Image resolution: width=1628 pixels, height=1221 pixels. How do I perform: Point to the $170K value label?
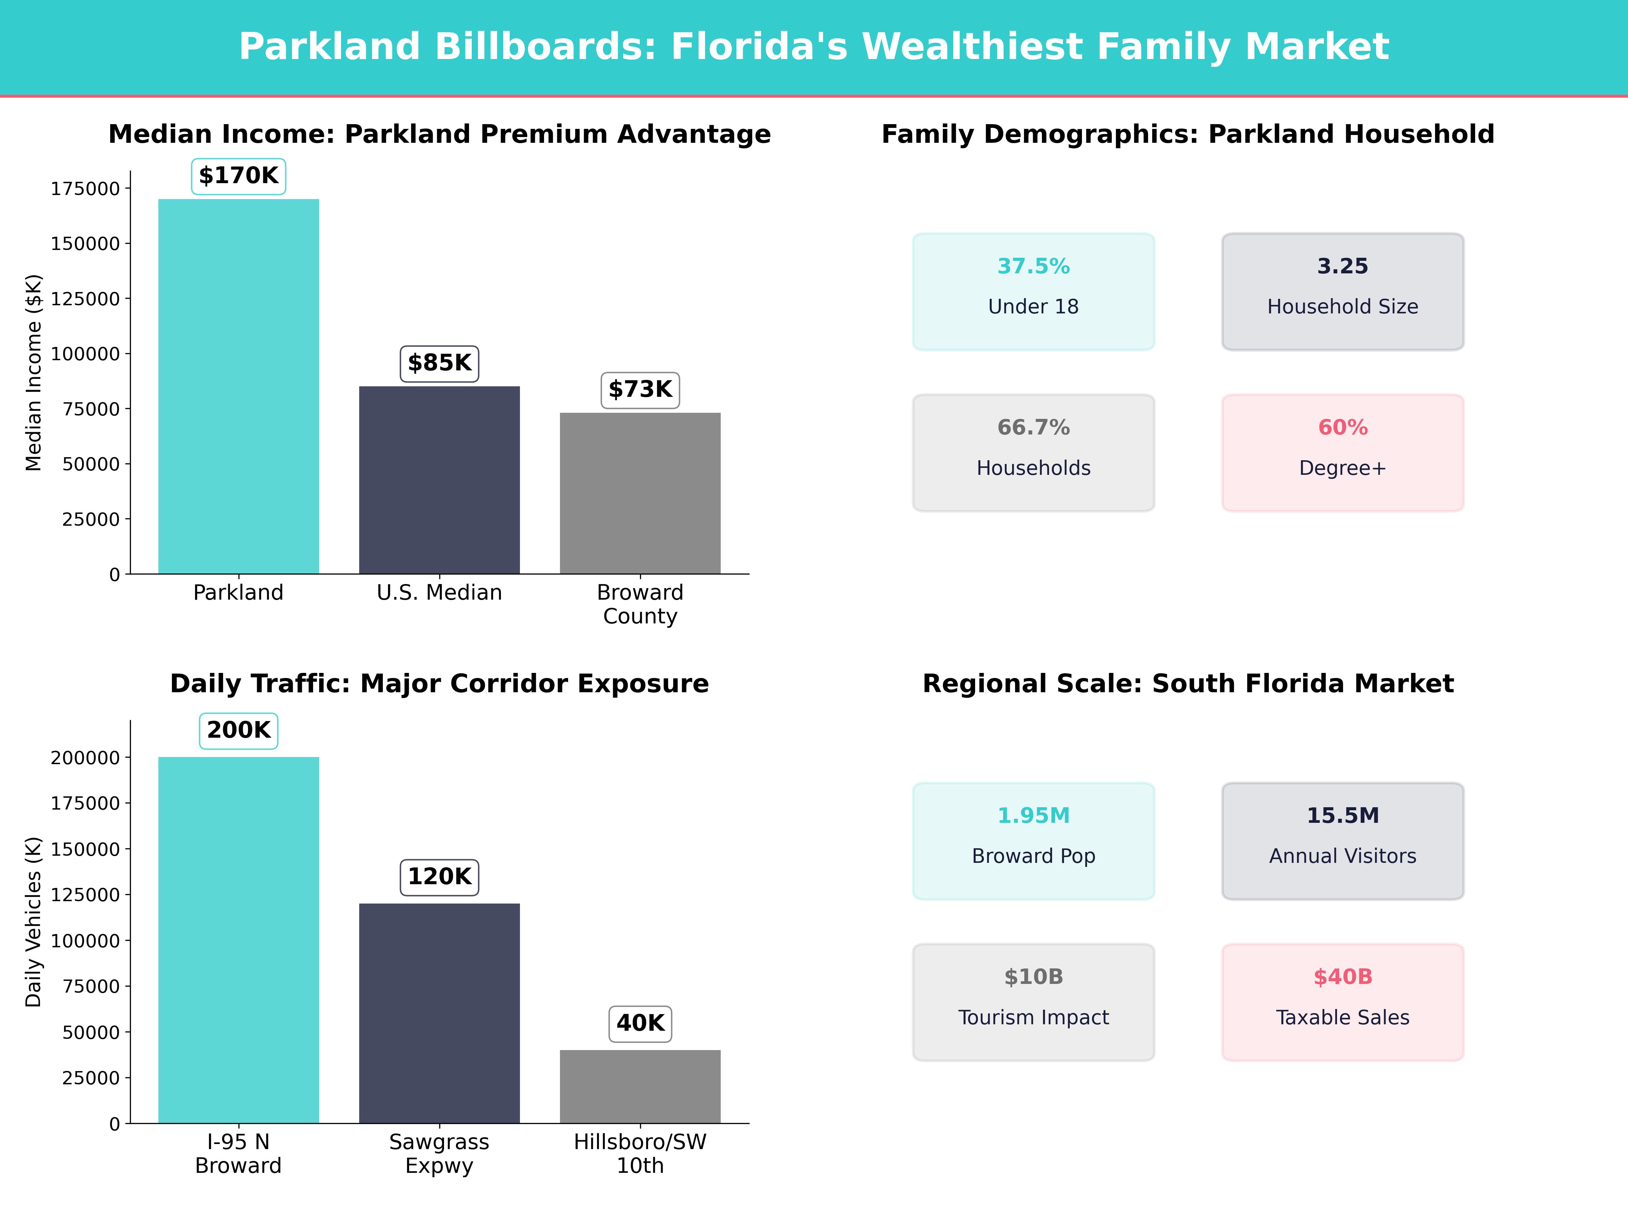(238, 176)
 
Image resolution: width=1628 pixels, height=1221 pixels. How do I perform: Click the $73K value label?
(640, 389)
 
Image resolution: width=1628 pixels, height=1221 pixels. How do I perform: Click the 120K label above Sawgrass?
(439, 876)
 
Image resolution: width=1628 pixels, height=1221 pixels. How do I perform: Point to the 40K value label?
(640, 1023)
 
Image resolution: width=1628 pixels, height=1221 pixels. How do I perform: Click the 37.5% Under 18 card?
(1033, 291)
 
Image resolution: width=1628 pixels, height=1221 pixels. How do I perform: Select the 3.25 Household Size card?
(1342, 291)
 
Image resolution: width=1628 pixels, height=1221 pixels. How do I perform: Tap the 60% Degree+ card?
(1342, 453)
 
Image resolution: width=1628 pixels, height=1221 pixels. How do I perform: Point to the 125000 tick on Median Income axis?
(85, 299)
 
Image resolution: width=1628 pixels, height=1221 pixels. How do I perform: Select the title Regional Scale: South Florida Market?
(1188, 684)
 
